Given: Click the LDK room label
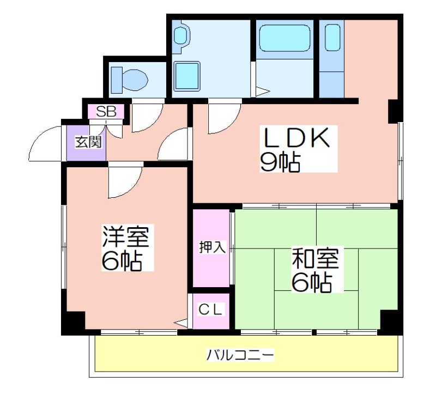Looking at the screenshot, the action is point(296,137).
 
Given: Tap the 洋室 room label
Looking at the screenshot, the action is point(126,236).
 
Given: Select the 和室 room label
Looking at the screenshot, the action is point(316,258).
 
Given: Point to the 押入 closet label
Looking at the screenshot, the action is point(213,247).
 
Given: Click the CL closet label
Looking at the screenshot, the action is point(211,309).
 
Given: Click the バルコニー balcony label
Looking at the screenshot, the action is point(240,355).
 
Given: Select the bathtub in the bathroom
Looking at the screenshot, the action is point(284,38).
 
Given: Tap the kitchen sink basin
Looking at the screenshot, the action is point(332,38).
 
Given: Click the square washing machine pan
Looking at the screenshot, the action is point(187,76).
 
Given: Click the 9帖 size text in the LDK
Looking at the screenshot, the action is point(280,162).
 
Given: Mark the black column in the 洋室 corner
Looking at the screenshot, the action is point(73,323).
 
